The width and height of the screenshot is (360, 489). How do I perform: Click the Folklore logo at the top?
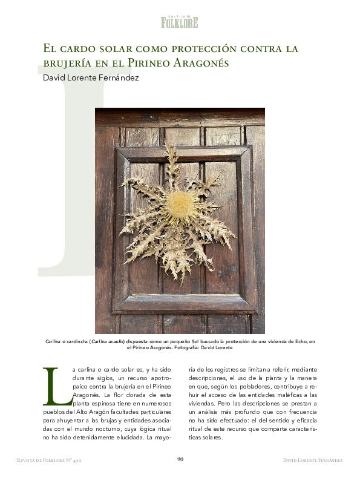(179, 22)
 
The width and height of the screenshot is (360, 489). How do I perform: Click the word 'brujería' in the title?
(65, 62)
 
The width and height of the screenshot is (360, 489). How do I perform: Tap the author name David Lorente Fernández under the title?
(91, 77)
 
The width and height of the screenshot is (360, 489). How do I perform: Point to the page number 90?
(180, 459)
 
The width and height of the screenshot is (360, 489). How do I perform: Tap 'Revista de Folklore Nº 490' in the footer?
(50, 460)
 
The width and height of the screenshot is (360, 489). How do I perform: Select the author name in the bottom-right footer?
(312, 460)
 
